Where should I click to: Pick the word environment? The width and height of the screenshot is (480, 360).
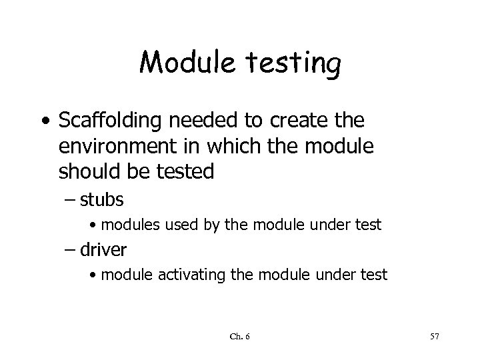(x=110, y=147)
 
